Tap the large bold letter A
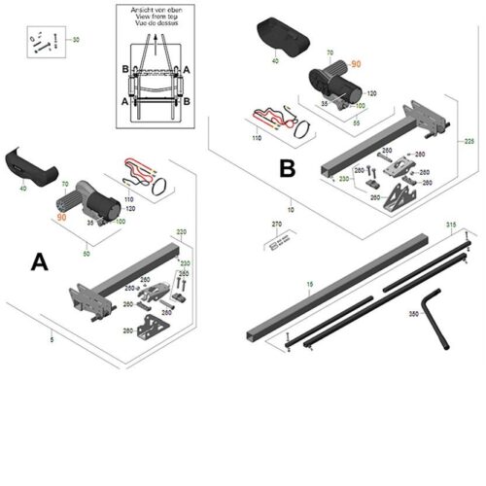click(x=40, y=261)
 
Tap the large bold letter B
click(x=287, y=168)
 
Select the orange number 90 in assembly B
click(x=355, y=63)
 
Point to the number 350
click(x=413, y=314)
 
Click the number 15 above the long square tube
click(x=310, y=284)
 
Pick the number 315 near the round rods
click(x=450, y=225)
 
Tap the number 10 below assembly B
click(x=290, y=210)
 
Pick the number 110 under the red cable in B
click(x=258, y=140)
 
